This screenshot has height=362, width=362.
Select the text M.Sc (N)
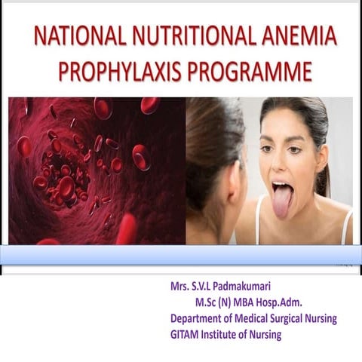(x=213, y=303)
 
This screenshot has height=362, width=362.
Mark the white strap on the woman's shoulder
(x=348, y=226)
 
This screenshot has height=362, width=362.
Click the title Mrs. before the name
(x=183, y=287)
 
